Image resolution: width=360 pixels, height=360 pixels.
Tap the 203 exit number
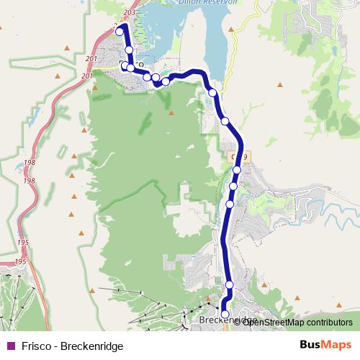130,13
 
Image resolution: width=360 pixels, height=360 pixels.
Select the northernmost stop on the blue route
120,32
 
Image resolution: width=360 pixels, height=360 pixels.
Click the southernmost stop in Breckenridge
225,314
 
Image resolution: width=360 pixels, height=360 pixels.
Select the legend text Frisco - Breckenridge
62,346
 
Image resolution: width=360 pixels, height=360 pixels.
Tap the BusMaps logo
325,346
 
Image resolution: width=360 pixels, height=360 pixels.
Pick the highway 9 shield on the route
239,156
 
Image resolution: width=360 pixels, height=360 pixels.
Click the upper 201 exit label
91,59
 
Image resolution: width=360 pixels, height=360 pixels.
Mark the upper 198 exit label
29,163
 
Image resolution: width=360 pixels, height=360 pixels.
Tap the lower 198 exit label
29,181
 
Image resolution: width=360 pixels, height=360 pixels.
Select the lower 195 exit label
20,261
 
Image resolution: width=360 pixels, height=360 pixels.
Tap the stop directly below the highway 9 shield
237,170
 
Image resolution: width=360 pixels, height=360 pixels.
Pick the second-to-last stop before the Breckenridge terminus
230,285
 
